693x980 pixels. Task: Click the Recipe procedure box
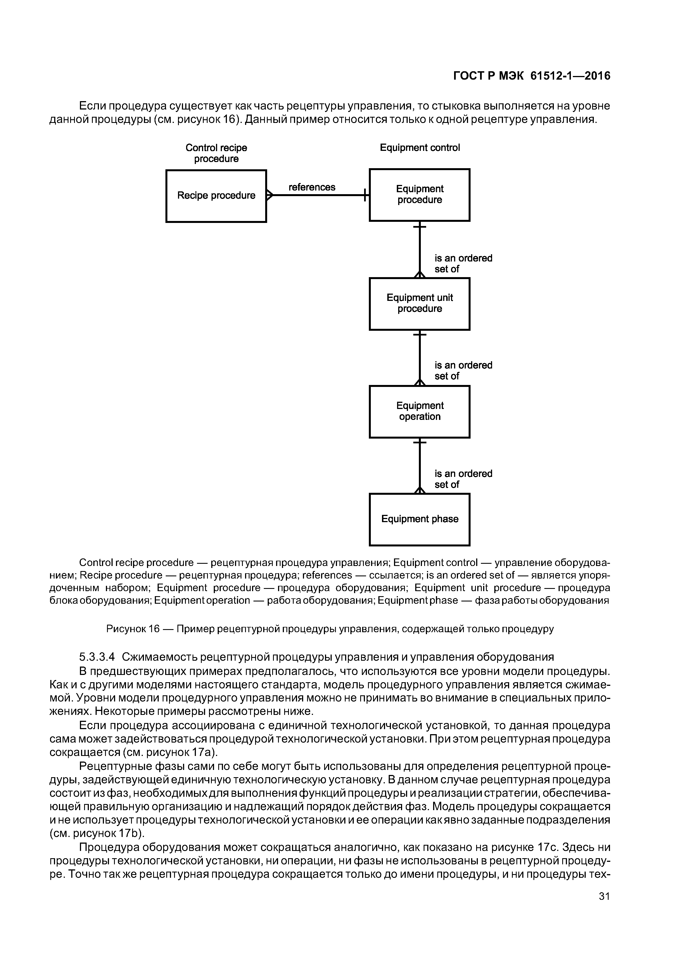tap(216, 196)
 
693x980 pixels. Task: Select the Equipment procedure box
tap(419, 195)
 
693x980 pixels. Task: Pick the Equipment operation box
tap(419, 411)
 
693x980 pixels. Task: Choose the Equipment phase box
tap(419, 519)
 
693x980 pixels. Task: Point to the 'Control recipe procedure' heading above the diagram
tap(216, 153)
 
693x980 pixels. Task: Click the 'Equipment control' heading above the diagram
tap(420, 148)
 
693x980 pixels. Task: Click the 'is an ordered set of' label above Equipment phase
tap(463, 479)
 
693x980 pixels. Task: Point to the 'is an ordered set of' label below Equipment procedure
tap(463, 263)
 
